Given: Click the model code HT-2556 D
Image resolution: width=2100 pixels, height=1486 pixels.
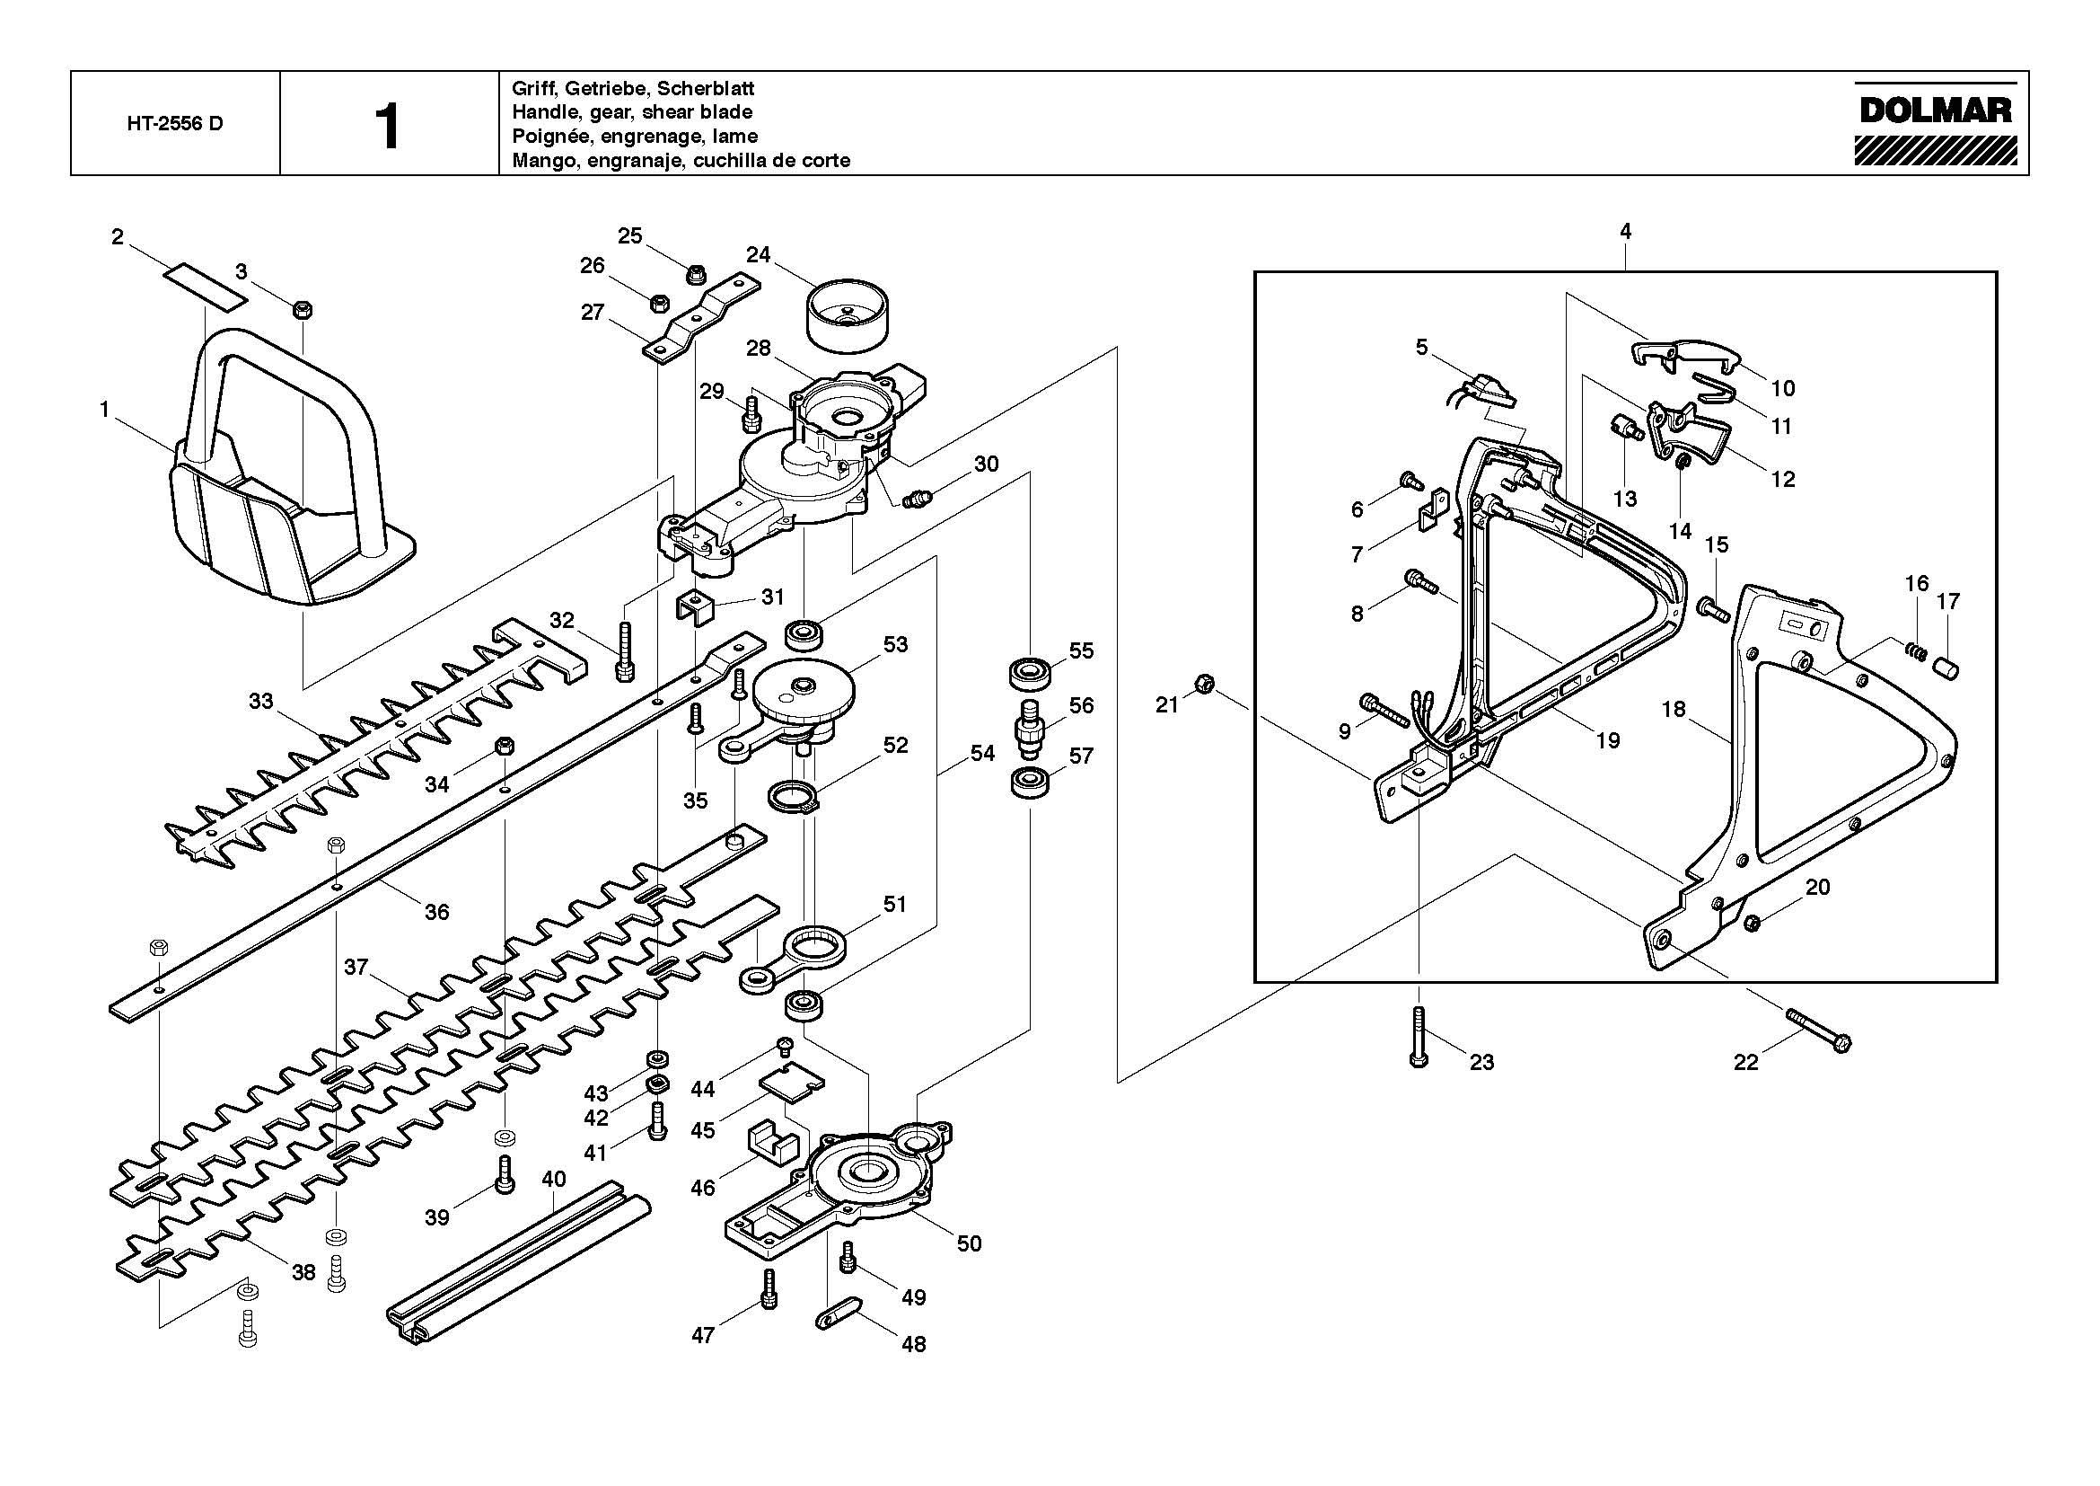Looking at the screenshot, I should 175,123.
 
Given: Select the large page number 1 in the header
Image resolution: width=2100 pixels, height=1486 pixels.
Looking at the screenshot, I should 389,128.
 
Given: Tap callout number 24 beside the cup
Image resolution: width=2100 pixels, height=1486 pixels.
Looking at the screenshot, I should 759,254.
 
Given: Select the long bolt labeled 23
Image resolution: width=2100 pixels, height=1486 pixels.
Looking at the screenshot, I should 1419,1036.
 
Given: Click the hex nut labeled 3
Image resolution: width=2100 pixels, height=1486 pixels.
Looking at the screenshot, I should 303,309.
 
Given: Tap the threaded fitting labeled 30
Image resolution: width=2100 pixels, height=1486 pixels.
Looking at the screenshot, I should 918,499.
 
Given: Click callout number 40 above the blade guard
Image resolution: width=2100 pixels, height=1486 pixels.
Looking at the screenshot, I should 553,1179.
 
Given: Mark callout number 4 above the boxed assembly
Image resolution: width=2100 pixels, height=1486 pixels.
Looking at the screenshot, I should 1625,232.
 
